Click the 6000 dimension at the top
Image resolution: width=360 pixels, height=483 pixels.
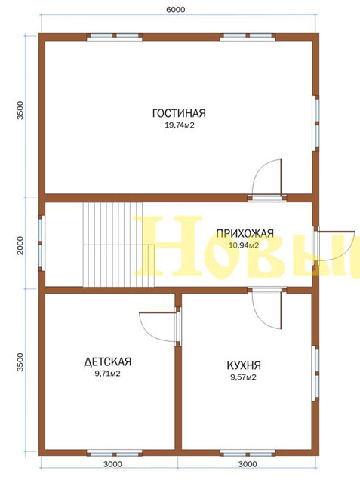176,10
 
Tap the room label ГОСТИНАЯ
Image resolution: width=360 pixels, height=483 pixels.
179,113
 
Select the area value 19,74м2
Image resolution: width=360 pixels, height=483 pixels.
180,125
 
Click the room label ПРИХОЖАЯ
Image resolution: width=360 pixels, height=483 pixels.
245,233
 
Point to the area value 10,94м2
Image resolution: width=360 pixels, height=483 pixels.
244,245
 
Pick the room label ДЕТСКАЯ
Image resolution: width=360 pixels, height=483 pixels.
108,361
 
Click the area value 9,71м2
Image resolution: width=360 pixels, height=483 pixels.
107,374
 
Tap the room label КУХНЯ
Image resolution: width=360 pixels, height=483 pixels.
244,365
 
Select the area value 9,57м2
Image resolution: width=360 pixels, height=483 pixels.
243,377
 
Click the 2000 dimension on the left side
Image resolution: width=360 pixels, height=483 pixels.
20,245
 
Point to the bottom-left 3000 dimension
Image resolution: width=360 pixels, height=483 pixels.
112,464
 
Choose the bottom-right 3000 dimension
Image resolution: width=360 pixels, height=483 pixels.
248,464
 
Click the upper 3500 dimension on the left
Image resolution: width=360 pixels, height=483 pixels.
20,110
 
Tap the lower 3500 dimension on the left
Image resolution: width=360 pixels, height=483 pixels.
20,362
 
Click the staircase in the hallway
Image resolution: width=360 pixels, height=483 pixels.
118,245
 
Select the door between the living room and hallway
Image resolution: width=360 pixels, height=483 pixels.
266,180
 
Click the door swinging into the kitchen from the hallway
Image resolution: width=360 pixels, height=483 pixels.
266,308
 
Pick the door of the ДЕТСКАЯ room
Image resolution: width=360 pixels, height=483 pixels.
160,327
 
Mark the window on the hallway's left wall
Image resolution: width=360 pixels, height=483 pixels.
42,243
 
